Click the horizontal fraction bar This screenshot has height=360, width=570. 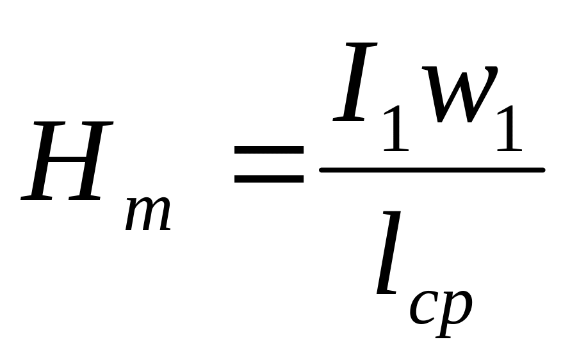click(x=432, y=170)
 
